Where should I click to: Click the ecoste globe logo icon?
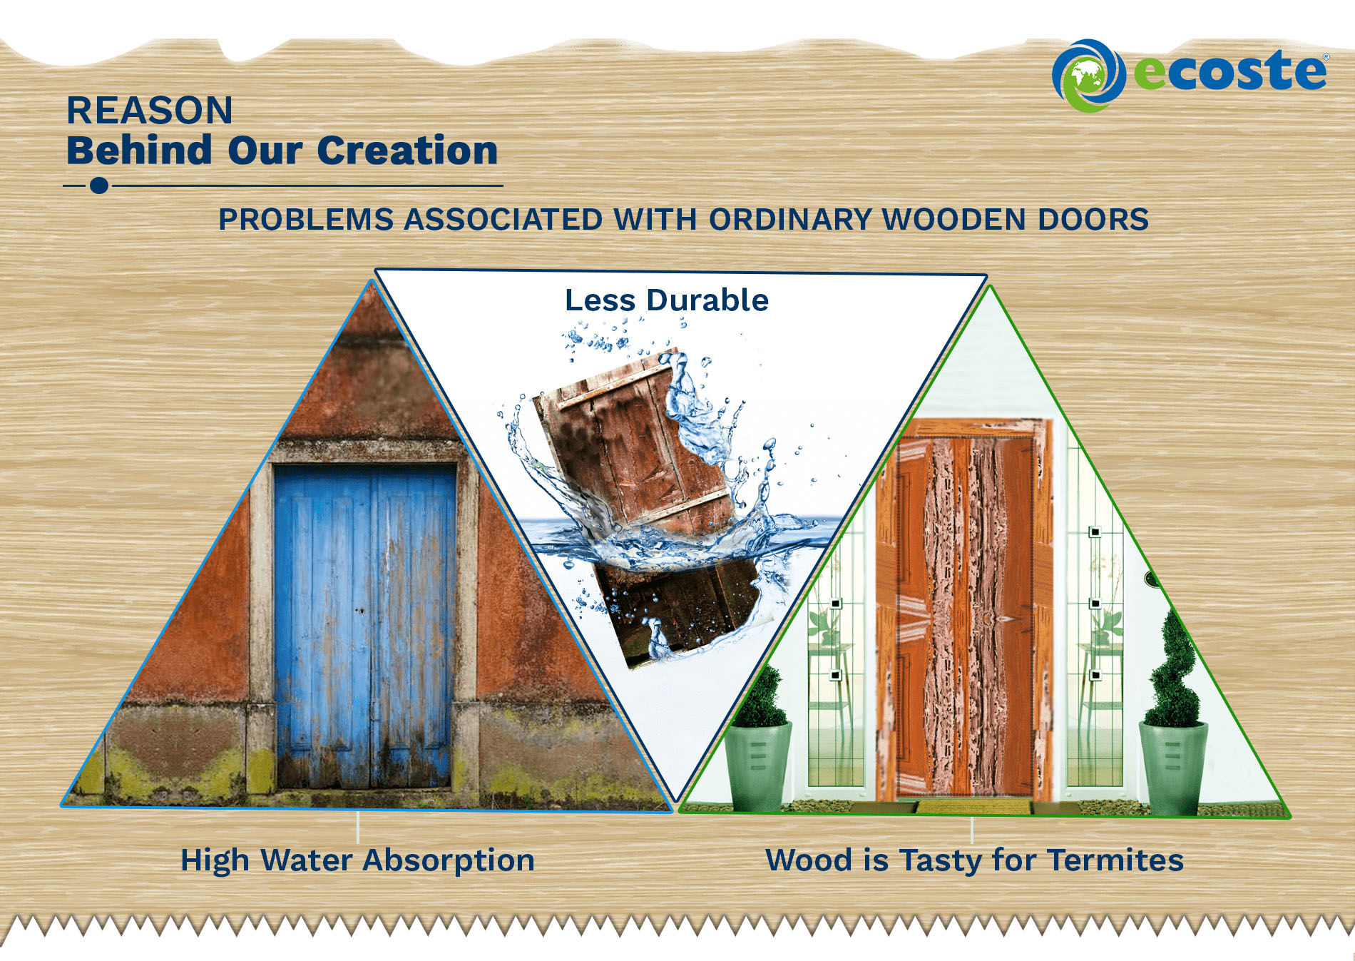tap(1088, 76)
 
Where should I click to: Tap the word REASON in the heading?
tap(150, 111)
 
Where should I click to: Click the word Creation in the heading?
tap(407, 151)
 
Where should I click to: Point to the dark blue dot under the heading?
tap(99, 185)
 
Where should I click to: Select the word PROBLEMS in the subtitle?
tap(306, 220)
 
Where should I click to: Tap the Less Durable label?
tap(667, 300)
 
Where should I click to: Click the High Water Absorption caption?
tap(357, 860)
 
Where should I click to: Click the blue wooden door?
tap(365, 626)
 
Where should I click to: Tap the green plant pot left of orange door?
tap(758, 767)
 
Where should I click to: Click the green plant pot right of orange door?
tap(1173, 768)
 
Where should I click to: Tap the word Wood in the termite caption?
tap(809, 860)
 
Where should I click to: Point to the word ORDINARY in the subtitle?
tap(791, 220)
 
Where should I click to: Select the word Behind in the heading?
tap(140, 151)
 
